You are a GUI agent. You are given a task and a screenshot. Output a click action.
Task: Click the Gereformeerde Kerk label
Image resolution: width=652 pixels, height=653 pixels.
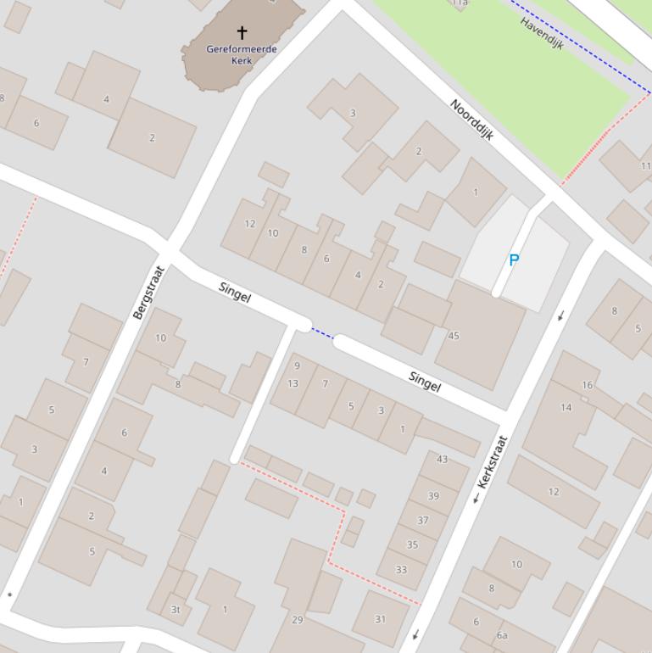click(x=242, y=54)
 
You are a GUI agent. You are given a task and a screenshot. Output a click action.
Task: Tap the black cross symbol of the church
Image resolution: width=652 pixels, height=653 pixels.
click(x=242, y=33)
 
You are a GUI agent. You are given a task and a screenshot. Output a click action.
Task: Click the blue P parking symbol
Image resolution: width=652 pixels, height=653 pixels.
click(x=514, y=261)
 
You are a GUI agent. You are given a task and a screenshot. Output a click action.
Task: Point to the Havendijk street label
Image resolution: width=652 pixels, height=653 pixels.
click(x=543, y=33)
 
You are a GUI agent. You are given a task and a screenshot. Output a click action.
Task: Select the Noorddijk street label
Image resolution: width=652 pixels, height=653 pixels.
click(x=471, y=120)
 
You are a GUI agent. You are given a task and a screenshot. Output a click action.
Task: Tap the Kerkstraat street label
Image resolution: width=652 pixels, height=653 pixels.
click(x=492, y=461)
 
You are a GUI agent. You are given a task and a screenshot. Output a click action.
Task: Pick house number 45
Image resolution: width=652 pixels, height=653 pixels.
click(x=454, y=336)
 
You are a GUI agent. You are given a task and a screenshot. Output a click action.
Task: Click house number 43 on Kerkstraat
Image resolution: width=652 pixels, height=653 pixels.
click(x=442, y=459)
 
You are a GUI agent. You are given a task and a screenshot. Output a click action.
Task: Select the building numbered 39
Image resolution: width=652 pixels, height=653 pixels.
click(x=433, y=496)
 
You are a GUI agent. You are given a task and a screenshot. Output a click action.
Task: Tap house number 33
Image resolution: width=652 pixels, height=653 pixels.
click(x=401, y=569)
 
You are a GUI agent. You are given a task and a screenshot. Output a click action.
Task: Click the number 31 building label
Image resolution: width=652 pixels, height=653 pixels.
click(x=380, y=619)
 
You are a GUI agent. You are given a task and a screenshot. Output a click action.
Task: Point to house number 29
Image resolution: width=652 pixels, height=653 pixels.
click(x=297, y=620)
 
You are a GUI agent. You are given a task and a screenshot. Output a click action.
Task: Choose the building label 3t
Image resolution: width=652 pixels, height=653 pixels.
click(x=176, y=609)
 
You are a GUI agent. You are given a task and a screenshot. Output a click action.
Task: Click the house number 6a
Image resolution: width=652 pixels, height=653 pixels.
click(x=502, y=635)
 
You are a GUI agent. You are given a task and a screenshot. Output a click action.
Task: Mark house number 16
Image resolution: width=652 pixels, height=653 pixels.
click(x=587, y=385)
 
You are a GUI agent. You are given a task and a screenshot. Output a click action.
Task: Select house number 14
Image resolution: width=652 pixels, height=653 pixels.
click(x=566, y=407)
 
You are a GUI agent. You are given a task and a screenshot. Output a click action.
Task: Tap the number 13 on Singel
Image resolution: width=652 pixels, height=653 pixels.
click(x=293, y=383)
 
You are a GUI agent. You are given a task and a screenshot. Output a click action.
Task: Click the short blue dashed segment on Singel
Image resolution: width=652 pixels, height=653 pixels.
click(x=322, y=333)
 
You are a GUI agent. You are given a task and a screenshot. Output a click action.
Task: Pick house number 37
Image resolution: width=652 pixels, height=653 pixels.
click(x=422, y=520)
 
